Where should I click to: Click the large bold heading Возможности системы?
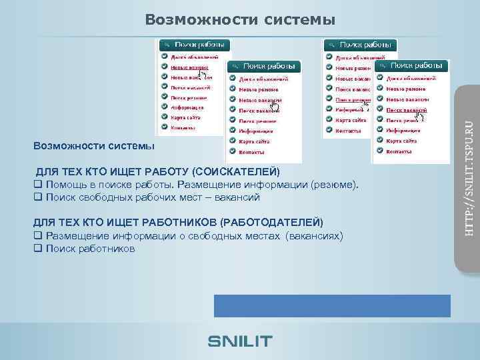pyautogui.click(x=240, y=20)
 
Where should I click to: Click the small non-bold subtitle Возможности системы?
pyautogui.click(x=93, y=146)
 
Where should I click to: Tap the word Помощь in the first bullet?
pyautogui.click(x=67, y=185)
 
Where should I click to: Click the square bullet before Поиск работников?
pyautogui.click(x=37, y=249)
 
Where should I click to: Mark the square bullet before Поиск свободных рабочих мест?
pyautogui.click(x=37, y=197)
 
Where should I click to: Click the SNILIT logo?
pyautogui.click(x=240, y=341)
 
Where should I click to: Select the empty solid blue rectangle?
pyautogui.click(x=332, y=305)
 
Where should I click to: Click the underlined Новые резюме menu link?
pyautogui.click(x=189, y=67)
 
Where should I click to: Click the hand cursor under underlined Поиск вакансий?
pyautogui.click(x=420, y=117)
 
